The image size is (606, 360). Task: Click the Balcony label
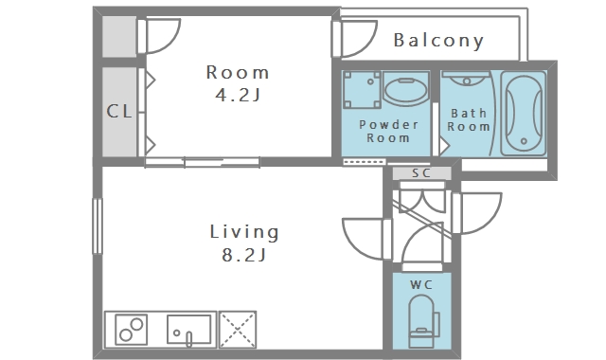(x=438, y=41)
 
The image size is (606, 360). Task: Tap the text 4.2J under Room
(x=238, y=95)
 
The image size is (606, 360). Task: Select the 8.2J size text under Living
(x=243, y=255)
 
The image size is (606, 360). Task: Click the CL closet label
(x=119, y=112)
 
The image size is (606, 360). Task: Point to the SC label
(x=421, y=172)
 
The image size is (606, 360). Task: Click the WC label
(x=421, y=285)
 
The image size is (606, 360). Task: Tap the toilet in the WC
(x=423, y=321)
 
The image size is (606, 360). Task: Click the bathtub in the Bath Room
(x=524, y=114)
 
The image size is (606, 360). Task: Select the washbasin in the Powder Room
(x=406, y=88)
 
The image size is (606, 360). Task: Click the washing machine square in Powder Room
(x=362, y=90)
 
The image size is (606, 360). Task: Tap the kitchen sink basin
(x=188, y=330)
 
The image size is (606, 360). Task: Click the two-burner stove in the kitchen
(x=132, y=330)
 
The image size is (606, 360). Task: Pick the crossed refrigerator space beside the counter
(x=238, y=330)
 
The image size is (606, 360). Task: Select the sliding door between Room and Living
(x=202, y=162)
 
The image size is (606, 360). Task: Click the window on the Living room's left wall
(x=98, y=226)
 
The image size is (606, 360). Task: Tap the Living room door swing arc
(x=358, y=242)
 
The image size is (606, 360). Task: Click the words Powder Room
(x=388, y=131)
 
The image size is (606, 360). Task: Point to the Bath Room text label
(x=469, y=120)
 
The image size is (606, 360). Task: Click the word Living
(x=244, y=233)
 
